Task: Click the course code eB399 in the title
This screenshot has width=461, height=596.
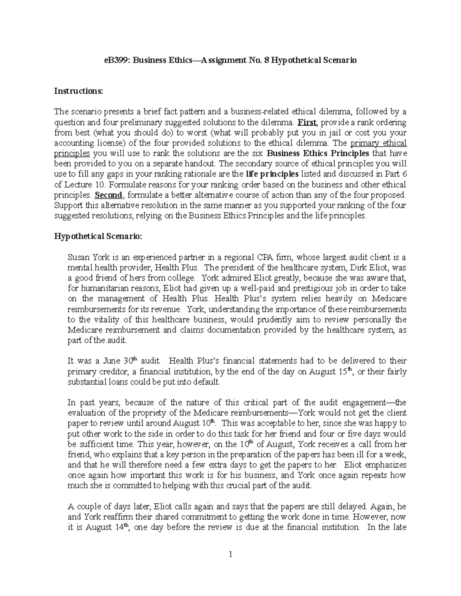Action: [x=116, y=60]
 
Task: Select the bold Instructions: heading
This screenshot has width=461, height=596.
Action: [x=78, y=91]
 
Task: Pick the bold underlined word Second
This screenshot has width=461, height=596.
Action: [x=108, y=195]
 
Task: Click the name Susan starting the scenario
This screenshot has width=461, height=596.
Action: [x=78, y=257]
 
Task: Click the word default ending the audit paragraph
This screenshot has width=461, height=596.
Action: [x=206, y=382]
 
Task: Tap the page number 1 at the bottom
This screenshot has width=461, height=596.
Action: [x=230, y=565]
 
